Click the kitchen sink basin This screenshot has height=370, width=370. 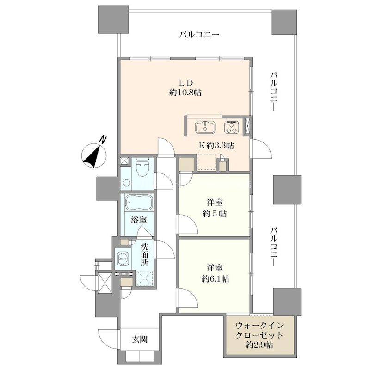click(203, 126)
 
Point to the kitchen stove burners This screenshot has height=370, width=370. click(231, 126)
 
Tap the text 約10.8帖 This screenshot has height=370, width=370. click(185, 92)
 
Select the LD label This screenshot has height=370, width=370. click(185, 82)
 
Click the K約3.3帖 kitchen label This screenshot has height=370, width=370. click(216, 145)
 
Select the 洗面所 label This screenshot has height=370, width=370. click(144, 254)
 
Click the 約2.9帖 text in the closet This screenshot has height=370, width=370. click(259, 345)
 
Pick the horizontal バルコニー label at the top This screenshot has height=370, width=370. click(199, 35)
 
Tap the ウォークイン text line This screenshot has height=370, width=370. click(259, 324)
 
